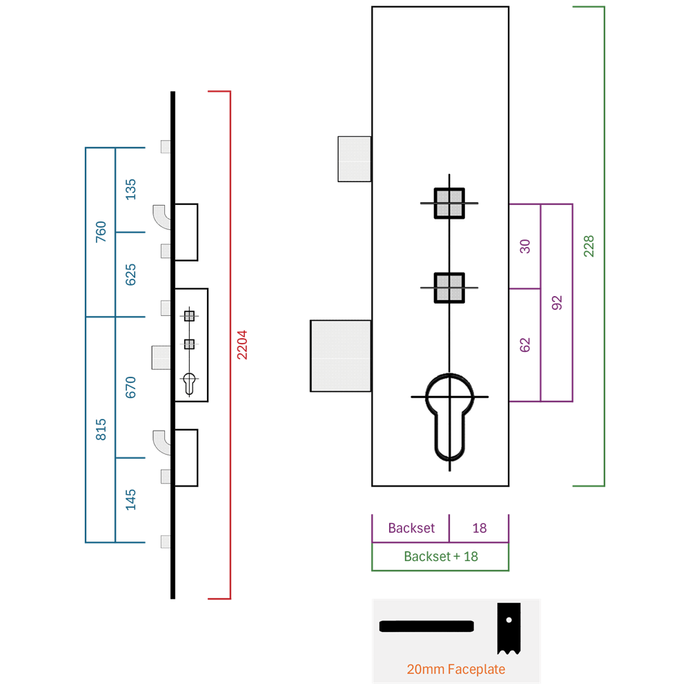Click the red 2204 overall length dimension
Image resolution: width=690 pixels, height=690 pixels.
pyautogui.click(x=242, y=345)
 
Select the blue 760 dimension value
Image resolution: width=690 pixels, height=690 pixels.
pyautogui.click(x=101, y=231)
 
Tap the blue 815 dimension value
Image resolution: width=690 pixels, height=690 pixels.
pyautogui.click(x=101, y=429)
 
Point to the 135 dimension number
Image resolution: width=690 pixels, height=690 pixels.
pyautogui.click(x=130, y=190)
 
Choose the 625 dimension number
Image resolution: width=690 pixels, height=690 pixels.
pyautogui.click(x=130, y=275)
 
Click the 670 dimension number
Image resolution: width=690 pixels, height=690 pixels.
pyautogui.click(x=130, y=387)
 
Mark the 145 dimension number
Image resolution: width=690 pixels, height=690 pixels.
pyautogui.click(x=130, y=500)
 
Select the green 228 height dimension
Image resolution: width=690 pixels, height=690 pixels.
pyautogui.click(x=589, y=246)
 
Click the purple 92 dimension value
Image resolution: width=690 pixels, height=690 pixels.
pyautogui.click(x=557, y=303)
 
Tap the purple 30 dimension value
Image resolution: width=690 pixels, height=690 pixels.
pyautogui.click(x=525, y=246)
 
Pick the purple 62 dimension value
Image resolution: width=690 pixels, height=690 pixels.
pyautogui.click(x=525, y=345)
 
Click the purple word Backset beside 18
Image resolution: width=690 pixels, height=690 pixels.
pyautogui.click(x=411, y=528)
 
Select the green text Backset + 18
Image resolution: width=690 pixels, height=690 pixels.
pyautogui.click(x=441, y=557)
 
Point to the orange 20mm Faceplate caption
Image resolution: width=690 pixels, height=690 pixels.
pyautogui.click(x=456, y=669)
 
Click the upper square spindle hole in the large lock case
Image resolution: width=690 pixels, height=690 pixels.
pyautogui.click(x=449, y=204)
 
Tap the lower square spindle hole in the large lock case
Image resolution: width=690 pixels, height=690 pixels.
pyautogui.click(x=449, y=288)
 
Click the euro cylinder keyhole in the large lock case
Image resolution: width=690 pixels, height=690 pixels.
pyautogui.click(x=450, y=417)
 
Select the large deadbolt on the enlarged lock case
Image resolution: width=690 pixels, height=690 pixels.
pyautogui.click(x=341, y=355)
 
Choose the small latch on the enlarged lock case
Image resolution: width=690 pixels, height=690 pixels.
pyautogui.click(x=354, y=159)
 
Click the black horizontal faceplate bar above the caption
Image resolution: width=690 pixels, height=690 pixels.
pyautogui.click(x=426, y=627)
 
